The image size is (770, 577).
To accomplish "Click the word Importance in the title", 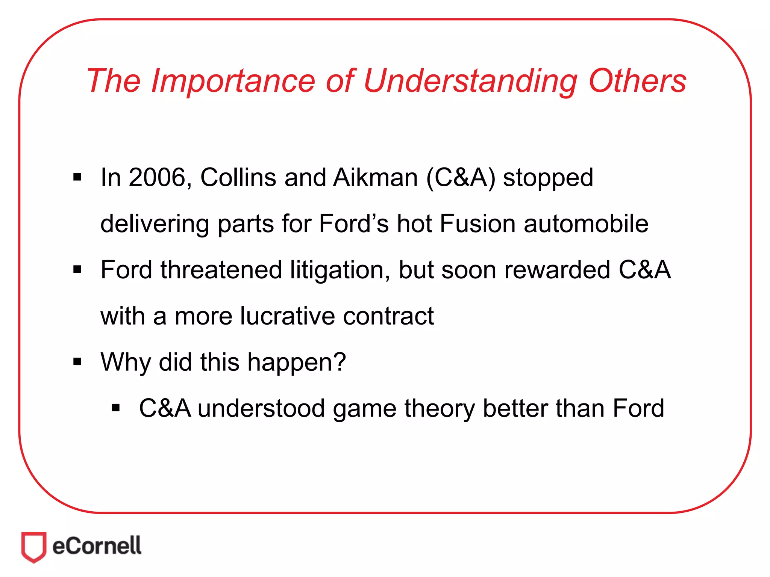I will [233, 81].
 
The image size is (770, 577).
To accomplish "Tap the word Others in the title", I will [638, 81].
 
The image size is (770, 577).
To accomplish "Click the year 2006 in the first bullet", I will [158, 177].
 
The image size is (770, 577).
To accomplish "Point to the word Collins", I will [238, 177].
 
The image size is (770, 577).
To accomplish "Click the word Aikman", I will [375, 177].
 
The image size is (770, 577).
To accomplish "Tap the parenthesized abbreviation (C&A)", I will [461, 177].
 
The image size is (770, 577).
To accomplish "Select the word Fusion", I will [477, 224].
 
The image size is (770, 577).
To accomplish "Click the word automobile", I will [586, 224].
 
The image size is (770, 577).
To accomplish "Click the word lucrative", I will [287, 316].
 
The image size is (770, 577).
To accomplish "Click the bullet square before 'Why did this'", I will [77, 362].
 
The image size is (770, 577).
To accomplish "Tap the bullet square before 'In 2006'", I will [77, 177].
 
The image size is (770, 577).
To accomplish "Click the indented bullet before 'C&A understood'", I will [116, 408].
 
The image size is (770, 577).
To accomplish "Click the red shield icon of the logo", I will [34, 547].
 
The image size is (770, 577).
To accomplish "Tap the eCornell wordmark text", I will [97, 546].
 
